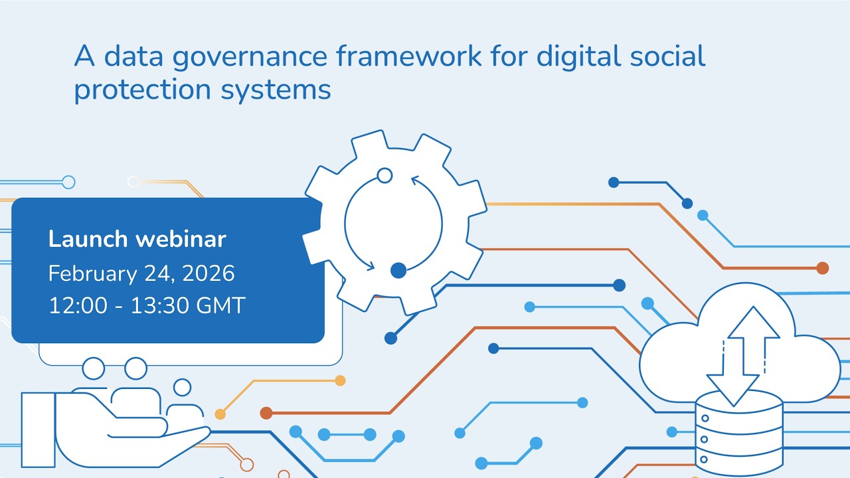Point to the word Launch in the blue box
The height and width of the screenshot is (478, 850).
pos(88,239)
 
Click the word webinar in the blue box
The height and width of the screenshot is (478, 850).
pos(181,239)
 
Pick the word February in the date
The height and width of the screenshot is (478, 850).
pos(92,274)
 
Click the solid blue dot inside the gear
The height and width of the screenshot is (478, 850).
pos(398,270)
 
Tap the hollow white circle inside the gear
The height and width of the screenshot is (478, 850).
pos(384,175)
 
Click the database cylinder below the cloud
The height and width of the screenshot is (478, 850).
pos(738,432)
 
